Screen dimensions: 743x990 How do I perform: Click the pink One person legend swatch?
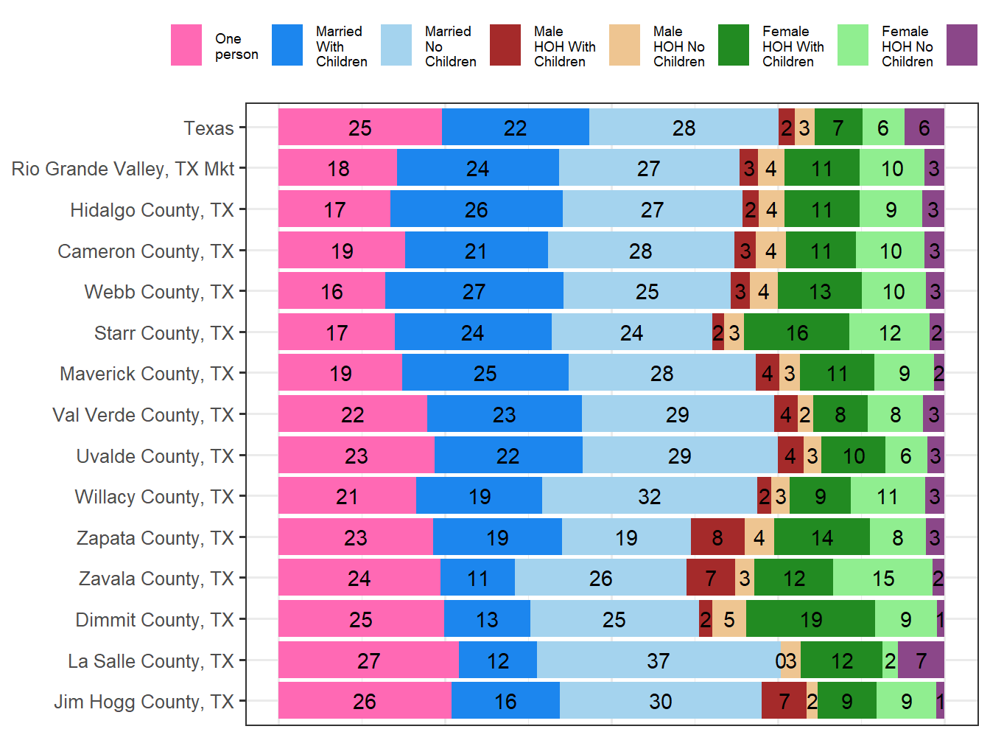(x=186, y=46)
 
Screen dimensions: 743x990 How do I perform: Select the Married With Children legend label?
(x=341, y=46)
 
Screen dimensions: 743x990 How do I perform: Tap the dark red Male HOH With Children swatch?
(x=505, y=46)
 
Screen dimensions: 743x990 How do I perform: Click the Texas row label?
(x=208, y=128)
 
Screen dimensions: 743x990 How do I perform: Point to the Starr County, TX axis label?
(x=164, y=333)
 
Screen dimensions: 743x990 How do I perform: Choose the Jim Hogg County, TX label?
(x=144, y=702)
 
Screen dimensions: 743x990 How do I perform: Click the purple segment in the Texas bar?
(x=924, y=128)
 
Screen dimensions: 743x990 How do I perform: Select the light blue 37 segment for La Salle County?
(x=658, y=660)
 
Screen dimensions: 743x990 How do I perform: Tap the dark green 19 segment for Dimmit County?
(x=810, y=619)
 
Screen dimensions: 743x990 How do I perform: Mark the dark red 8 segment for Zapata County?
(x=717, y=537)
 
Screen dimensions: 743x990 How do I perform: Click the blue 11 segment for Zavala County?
(x=477, y=579)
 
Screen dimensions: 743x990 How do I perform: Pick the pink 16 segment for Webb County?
(x=331, y=292)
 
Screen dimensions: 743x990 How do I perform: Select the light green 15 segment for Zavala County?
(x=882, y=579)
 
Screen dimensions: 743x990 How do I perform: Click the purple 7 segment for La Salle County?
(x=921, y=660)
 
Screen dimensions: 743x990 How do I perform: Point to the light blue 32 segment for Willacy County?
(x=649, y=496)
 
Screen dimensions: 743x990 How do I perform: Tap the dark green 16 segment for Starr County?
(x=796, y=333)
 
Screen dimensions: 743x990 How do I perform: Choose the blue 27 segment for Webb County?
(x=474, y=292)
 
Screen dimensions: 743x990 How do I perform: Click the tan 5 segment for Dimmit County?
(x=729, y=619)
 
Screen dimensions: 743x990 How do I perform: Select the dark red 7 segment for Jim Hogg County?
(x=784, y=701)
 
